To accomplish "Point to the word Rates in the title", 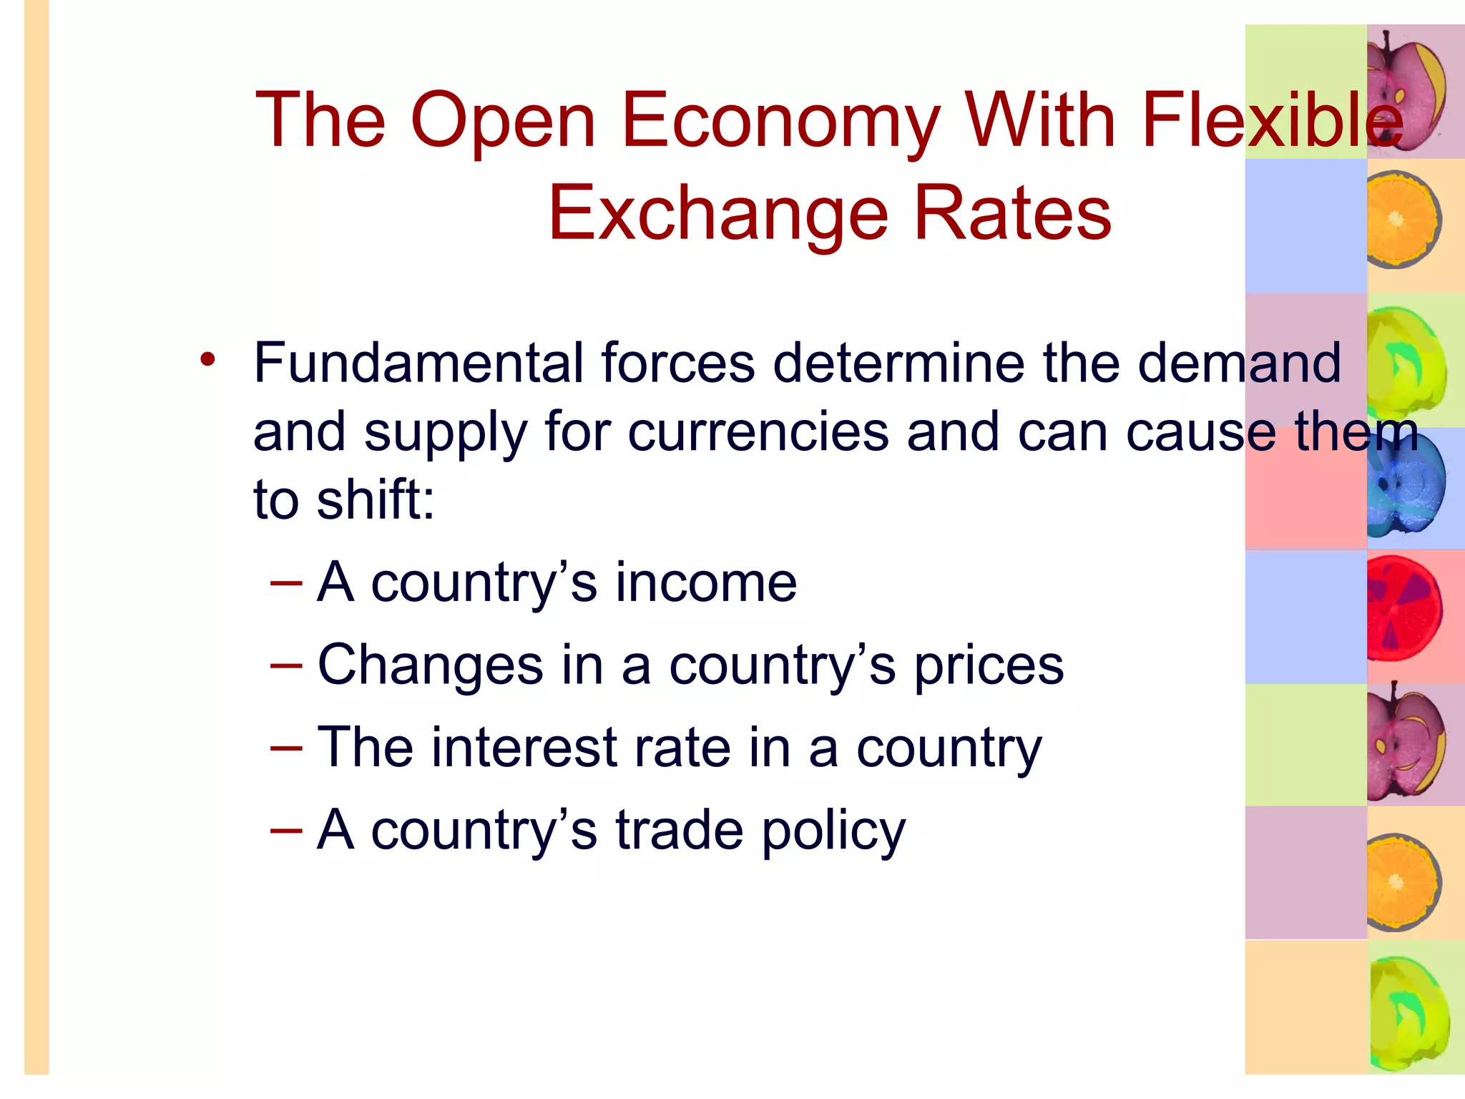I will coord(1013,213).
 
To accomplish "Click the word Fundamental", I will coord(418,363).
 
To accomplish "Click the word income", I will coord(706,582).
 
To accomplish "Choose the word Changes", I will coord(430,666).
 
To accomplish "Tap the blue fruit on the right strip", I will coord(1405,486).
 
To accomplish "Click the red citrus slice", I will coord(1403,609).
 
